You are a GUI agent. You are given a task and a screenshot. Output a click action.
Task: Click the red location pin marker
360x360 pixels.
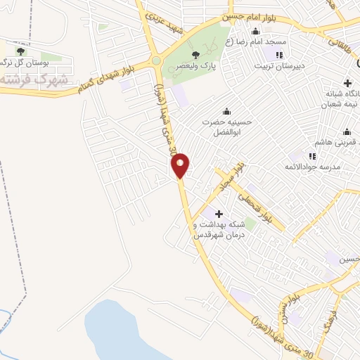click(x=181, y=165)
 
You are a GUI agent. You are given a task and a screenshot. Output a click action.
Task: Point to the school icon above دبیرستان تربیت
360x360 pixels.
click(x=280, y=55)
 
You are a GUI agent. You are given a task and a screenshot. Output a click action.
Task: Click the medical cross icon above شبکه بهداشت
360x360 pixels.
click(x=218, y=213)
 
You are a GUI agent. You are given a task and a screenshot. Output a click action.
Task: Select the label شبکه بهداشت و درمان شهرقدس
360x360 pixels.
click(x=219, y=229)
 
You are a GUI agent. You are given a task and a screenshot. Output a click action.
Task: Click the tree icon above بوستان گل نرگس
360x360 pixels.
click(x=20, y=51)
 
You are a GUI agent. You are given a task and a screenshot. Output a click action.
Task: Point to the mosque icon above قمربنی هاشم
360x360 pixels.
click(x=347, y=131)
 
